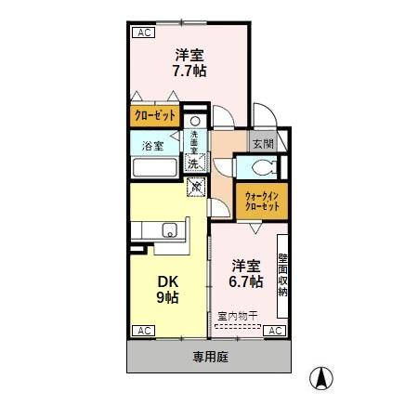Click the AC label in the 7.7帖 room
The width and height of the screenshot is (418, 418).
[144, 33]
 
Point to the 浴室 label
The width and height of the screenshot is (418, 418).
[153, 146]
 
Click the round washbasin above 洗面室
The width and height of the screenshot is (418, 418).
[194, 122]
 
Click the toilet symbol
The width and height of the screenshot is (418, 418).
[259, 168]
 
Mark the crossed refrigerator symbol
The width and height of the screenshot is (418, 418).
[196, 188]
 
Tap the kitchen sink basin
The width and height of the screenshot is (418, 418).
[171, 230]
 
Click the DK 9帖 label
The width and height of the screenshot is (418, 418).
[167, 289]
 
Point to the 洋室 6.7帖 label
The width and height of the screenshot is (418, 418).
[246, 272]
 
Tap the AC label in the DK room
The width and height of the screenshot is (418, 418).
[144, 331]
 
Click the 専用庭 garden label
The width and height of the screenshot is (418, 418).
[210, 356]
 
